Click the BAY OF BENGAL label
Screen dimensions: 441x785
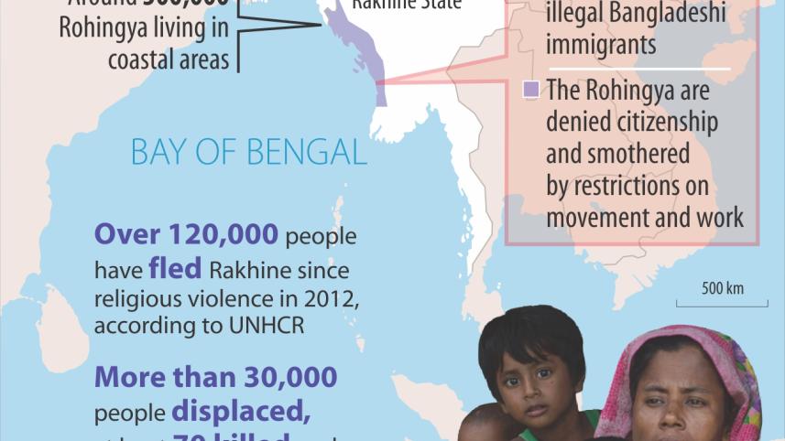(x=249, y=151)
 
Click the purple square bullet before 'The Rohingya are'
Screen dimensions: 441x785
(x=530, y=90)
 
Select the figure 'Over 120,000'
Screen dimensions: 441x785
(x=187, y=235)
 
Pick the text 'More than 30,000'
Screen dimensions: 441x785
(x=216, y=376)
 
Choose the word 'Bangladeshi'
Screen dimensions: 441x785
(x=657, y=14)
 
